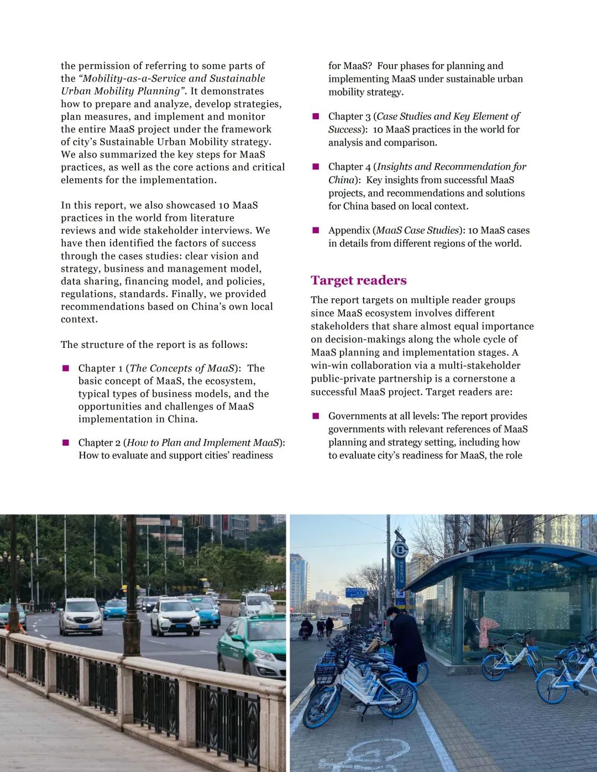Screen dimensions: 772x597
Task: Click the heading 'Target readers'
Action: [358, 281]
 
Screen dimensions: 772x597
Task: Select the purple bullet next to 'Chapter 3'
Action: [316, 117]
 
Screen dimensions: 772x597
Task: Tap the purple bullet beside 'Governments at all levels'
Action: [316, 416]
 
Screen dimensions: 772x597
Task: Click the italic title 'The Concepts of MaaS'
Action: [182, 368]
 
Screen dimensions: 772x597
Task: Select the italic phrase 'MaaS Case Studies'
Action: [418, 230]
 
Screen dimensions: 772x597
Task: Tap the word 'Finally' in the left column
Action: [186, 294]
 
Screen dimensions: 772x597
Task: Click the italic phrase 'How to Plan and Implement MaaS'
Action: [203, 443]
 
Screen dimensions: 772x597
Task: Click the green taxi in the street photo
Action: [252, 647]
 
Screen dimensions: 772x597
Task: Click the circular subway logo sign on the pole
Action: [400, 550]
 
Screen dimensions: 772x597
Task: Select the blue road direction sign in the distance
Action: [355, 593]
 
